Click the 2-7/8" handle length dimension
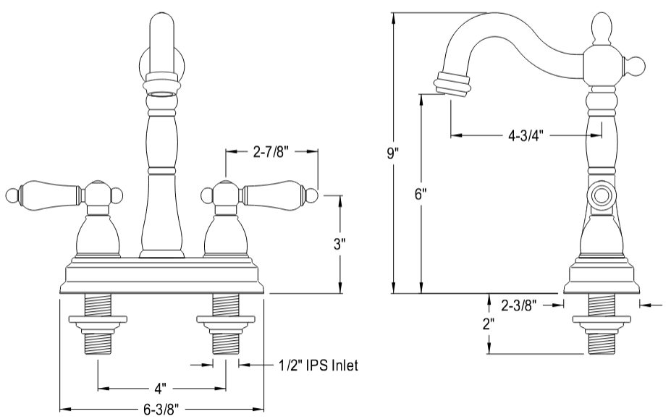271,152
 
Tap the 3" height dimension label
339,244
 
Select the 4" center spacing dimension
161,388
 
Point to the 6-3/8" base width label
161,409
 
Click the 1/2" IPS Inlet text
318,365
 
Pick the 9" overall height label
392,153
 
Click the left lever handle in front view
51,194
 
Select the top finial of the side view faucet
602,28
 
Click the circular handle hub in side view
601,195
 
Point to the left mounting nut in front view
98,319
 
